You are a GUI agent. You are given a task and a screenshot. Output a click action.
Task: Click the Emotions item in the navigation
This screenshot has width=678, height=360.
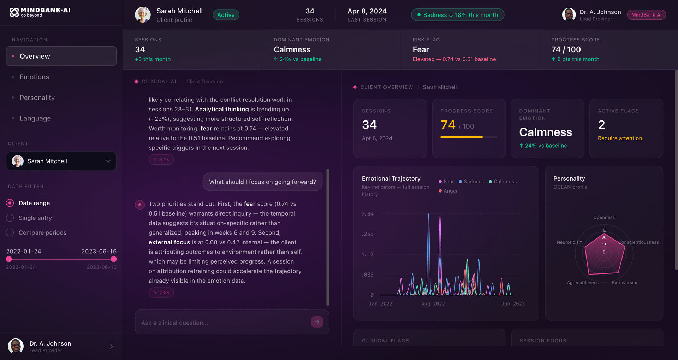[34, 77]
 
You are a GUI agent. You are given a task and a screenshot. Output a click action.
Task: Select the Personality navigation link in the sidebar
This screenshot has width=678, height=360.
[37, 98]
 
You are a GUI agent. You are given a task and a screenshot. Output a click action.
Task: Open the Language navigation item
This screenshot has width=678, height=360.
[35, 118]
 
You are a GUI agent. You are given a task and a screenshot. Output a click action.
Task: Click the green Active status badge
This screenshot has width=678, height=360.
[226, 15]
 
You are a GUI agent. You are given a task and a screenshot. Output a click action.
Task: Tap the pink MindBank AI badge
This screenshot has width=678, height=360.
[646, 15]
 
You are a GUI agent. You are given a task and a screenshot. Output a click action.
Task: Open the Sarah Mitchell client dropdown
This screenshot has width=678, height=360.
[61, 161]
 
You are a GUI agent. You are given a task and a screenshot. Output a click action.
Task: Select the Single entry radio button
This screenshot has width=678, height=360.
[10, 218]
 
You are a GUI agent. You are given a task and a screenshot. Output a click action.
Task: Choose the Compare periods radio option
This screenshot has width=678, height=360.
[10, 233]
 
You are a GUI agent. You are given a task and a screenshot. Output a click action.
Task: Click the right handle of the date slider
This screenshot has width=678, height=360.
[114, 259]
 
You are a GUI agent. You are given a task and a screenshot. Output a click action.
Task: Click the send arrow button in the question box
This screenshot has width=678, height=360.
[317, 322]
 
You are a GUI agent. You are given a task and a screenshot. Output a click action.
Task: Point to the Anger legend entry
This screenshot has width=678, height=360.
[448, 191]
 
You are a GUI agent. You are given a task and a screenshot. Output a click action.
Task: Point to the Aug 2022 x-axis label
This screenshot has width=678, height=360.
[433, 304]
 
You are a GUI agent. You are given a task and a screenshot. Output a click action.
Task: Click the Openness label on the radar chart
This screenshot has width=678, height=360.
[604, 218]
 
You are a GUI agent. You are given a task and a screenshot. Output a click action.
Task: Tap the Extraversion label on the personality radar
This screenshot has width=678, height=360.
[625, 283]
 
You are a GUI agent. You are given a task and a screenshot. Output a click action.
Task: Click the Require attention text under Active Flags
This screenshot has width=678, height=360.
[620, 138]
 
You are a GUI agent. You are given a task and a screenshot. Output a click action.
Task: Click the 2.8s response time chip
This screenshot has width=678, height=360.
[161, 293]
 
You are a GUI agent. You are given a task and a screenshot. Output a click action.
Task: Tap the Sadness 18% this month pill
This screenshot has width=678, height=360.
[457, 15]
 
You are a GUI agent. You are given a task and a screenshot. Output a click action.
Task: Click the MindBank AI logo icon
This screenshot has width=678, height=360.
[14, 13]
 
